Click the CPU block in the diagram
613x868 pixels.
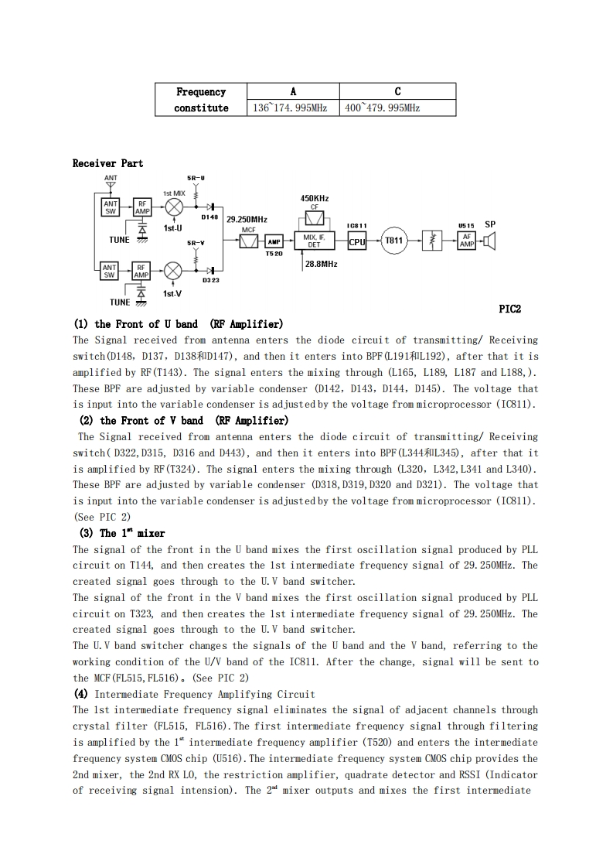point(356,241)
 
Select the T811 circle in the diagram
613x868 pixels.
point(394,241)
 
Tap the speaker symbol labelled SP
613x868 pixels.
point(489,241)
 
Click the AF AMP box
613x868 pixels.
point(467,241)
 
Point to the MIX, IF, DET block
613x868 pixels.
point(314,241)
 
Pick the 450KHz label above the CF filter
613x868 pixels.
point(315,199)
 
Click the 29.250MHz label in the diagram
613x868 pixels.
point(247,220)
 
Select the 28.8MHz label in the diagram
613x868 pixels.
point(321,264)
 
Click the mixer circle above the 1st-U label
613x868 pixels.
point(174,207)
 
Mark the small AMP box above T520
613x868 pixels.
point(274,241)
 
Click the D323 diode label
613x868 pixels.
point(211,281)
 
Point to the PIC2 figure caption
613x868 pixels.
point(510,309)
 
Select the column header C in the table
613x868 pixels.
point(397,91)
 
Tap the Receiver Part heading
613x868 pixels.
point(107,163)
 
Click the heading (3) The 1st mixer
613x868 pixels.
point(122,533)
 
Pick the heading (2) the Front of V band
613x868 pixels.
point(184,421)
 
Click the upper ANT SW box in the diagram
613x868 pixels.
point(111,207)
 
